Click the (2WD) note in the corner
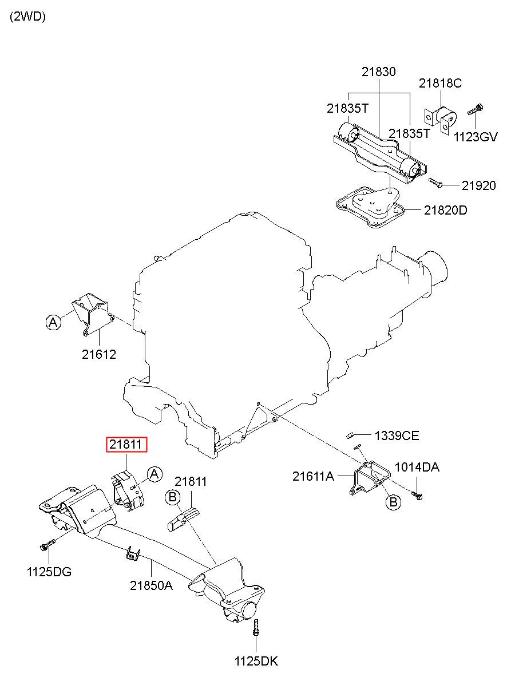point(27,17)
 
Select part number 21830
point(379,72)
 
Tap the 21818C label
point(440,83)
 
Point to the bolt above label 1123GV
point(476,109)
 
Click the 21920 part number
point(478,185)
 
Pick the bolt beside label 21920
point(435,183)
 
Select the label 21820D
point(445,211)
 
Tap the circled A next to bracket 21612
point(53,322)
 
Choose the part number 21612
point(98,355)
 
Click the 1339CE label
point(397,436)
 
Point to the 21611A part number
point(313,477)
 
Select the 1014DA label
point(417,467)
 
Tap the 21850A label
point(151,585)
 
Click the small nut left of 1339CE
point(349,436)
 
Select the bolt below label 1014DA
point(417,496)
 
